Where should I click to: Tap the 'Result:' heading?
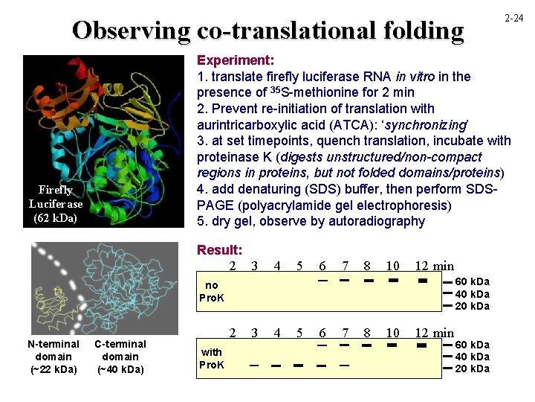coord(220,250)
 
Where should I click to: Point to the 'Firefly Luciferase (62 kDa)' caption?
coord(56,204)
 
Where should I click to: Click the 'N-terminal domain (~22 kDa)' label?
coord(53,357)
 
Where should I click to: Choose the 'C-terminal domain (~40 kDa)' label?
coord(120,357)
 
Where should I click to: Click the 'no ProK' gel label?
coord(212,291)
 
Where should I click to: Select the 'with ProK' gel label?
coord(212,358)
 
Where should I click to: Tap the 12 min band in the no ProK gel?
coord(422,281)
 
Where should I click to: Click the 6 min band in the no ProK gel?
coord(323,281)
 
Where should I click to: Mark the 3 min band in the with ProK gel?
coord(254,366)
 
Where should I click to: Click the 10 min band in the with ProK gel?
coord(393,346)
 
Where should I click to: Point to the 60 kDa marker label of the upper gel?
coord(472,281)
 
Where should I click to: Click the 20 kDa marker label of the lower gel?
coord(472,369)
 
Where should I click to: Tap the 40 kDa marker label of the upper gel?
coord(472,293)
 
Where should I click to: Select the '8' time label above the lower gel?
coord(367,333)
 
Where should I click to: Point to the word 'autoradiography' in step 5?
coord(380,221)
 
